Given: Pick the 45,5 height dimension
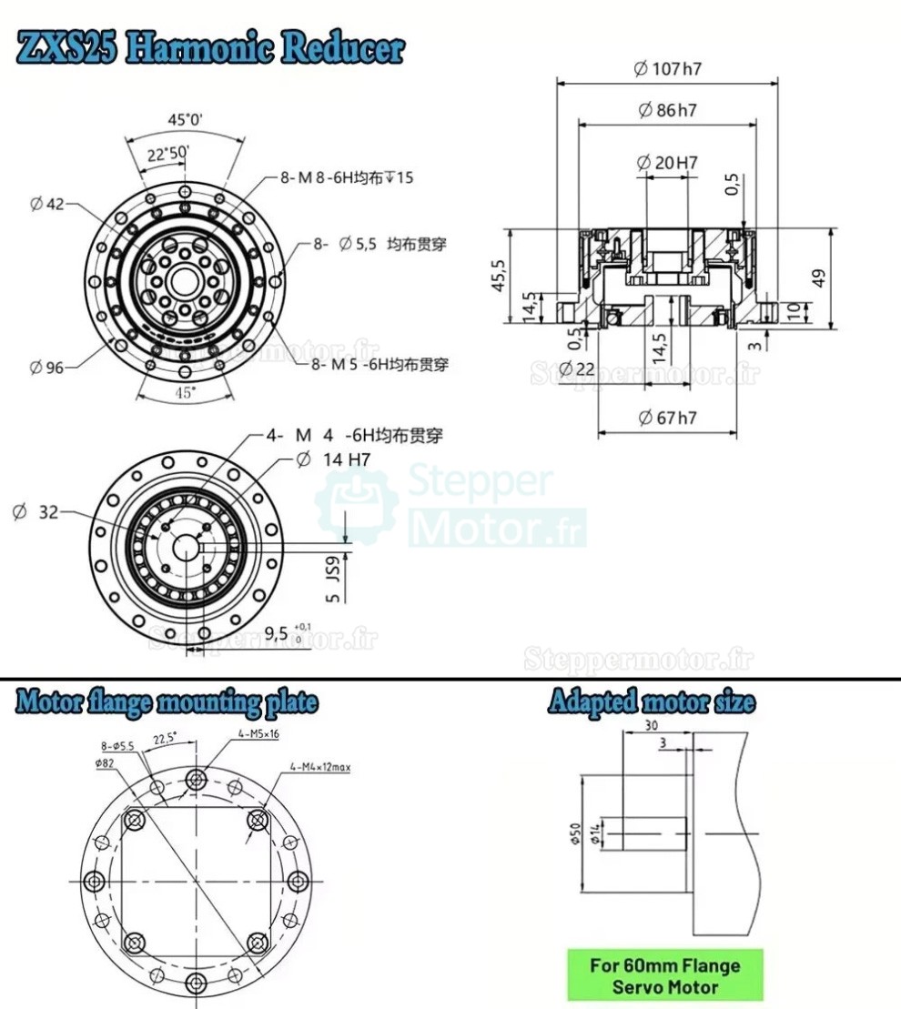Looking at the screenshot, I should [499, 276].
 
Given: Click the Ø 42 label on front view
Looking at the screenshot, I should [47, 204].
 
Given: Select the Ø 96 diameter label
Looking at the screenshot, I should [47, 368].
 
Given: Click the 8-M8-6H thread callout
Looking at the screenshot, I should [346, 177].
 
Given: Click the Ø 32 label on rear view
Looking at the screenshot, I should [36, 512].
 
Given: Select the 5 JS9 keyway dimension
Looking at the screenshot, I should [333, 579].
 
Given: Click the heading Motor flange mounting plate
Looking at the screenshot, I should [167, 702].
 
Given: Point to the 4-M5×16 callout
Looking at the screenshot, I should [258, 732].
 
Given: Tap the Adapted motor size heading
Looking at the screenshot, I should [651, 702].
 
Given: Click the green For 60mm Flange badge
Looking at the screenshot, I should [664, 975].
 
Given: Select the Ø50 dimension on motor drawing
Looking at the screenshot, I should [574, 832].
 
